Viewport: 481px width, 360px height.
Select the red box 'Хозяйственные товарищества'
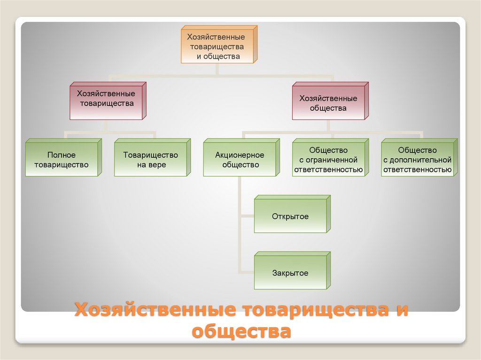[x=106, y=102]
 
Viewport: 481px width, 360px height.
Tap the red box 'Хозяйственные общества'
[x=328, y=103]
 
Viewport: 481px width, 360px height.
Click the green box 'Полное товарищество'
[x=61, y=160]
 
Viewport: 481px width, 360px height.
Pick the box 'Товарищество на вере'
[x=150, y=160]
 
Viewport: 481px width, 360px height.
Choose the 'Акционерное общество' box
[x=240, y=160]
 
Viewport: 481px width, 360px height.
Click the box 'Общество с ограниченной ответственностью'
[x=328, y=160]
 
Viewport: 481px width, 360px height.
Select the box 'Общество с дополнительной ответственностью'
[x=418, y=160]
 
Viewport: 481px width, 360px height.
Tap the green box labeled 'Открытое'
[x=290, y=216]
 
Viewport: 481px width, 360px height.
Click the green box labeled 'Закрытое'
[x=290, y=273]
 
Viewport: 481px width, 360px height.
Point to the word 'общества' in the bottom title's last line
[x=241, y=331]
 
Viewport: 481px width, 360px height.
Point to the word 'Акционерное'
[x=240, y=155]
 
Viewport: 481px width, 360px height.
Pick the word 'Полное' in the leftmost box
[x=61, y=155]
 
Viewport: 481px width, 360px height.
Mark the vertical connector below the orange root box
[x=217, y=69]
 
